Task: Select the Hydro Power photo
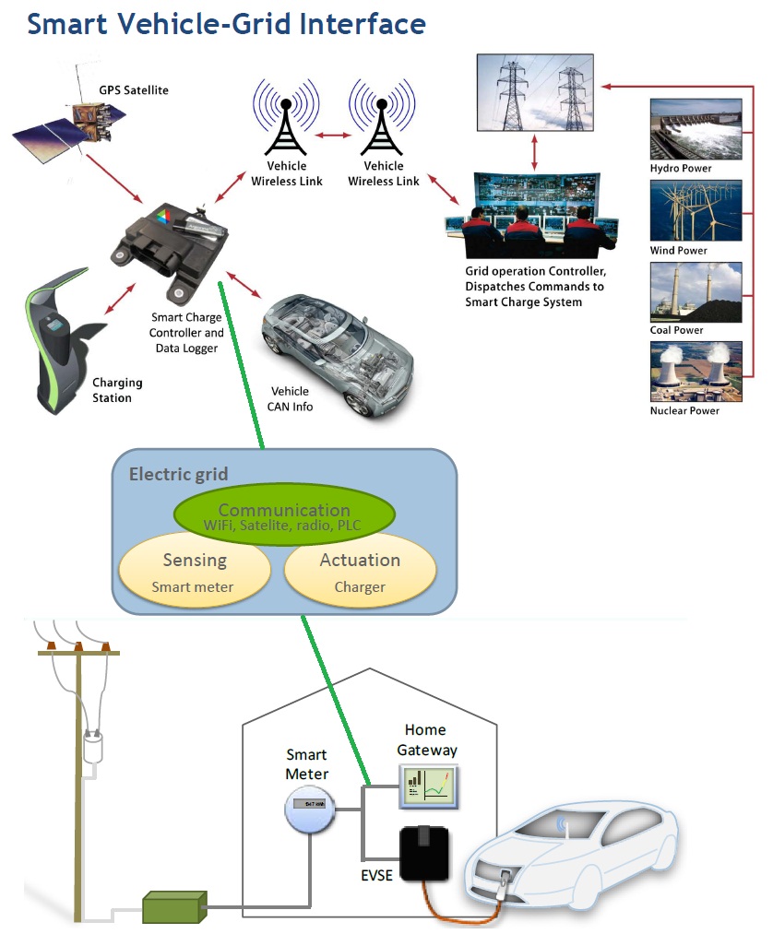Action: point(696,129)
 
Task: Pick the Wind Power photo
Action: point(696,210)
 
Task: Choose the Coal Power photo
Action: point(696,291)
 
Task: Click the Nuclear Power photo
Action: point(696,372)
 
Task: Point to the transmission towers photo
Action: point(536,91)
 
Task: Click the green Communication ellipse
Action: point(284,516)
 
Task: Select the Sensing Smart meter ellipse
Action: point(195,571)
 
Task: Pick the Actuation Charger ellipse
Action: point(360,571)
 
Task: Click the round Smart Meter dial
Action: point(307,809)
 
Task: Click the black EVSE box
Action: point(423,854)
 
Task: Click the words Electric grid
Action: point(178,475)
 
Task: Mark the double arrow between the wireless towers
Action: point(334,136)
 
